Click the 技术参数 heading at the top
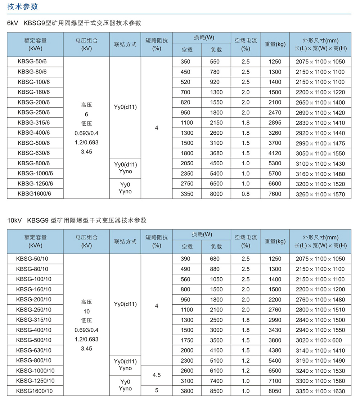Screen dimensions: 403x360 23,7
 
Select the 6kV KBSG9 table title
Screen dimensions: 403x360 74,23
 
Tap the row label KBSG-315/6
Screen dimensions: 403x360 34,123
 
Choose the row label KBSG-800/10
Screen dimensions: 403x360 34,361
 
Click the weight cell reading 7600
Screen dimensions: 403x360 275,194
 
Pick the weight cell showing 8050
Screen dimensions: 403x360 275,391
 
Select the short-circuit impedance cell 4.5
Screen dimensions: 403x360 157,375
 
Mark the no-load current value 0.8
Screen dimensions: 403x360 246,194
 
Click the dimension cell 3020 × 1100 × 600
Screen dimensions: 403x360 320,340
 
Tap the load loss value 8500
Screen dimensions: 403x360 216,391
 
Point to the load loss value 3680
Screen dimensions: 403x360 216,153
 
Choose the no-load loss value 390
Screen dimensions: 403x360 186,259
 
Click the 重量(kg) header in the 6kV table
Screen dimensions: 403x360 275,44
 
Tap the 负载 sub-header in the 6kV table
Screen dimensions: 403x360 216,50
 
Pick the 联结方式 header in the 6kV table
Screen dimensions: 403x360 125,44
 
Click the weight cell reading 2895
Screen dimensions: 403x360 275,123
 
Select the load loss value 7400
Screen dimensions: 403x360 216,381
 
